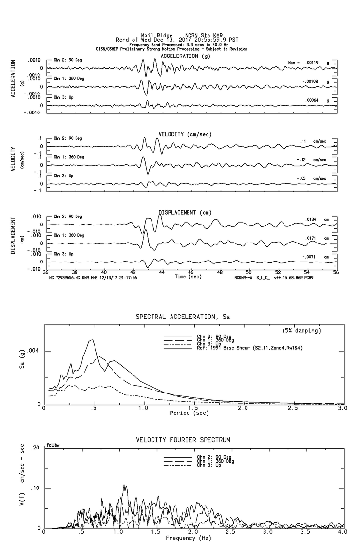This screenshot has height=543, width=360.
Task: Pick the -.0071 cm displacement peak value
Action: click(x=311, y=257)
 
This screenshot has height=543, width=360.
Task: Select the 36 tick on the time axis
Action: click(x=46, y=273)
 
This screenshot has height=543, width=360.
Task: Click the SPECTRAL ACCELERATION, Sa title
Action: click(x=183, y=317)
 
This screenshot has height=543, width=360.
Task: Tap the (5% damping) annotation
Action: click(x=301, y=331)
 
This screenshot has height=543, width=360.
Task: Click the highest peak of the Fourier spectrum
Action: click(x=125, y=485)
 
